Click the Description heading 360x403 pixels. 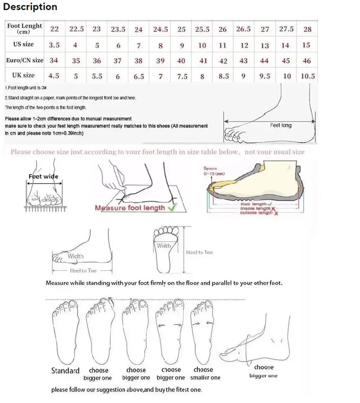point(30,7)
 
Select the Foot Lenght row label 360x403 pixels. point(24,28)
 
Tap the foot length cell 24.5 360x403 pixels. point(160,29)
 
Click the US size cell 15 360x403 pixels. point(306,45)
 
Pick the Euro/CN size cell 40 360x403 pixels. point(181,61)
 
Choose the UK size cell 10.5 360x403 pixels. point(307,77)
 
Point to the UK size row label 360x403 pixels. point(23,75)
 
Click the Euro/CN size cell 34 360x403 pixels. point(54,60)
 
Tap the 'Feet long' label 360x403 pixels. point(280,125)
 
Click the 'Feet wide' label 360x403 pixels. point(44,176)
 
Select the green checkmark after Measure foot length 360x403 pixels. point(171,207)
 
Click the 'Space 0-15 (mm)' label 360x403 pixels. point(214,171)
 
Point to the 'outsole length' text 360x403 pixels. point(256,213)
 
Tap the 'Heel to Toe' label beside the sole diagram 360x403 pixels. point(199,252)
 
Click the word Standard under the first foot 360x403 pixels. point(65,370)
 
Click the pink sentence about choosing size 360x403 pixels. point(157,152)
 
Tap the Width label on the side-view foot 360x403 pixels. point(76,256)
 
